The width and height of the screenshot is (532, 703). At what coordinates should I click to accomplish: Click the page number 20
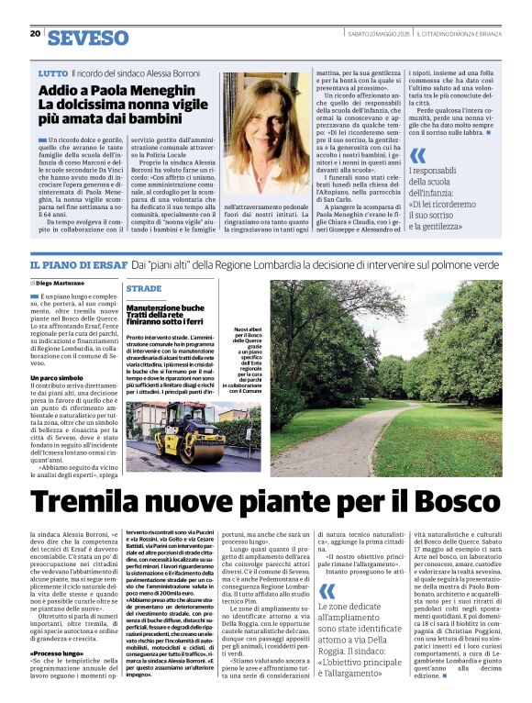pos(36,34)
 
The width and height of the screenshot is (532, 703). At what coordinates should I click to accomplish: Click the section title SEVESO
pos(88,38)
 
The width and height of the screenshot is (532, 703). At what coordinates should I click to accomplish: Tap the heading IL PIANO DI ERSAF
pos(77,264)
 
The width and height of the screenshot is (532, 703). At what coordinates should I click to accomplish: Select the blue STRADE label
pos(145,287)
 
